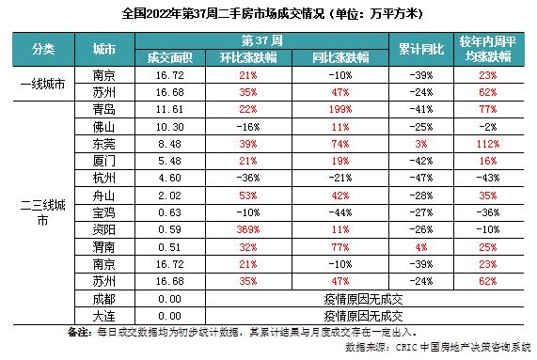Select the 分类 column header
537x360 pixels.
[42, 48]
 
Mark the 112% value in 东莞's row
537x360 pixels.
[485, 145]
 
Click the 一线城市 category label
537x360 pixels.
[42, 85]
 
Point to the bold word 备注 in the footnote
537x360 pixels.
[79, 332]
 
